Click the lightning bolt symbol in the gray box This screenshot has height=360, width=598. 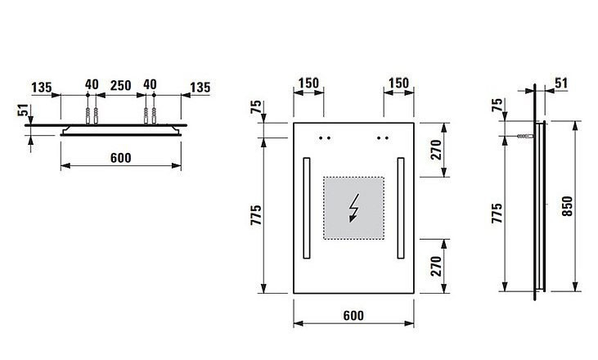[354, 208]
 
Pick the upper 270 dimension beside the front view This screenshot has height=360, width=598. [435, 149]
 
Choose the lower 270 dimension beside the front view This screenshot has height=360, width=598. [435, 265]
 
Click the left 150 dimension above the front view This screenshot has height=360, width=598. [308, 83]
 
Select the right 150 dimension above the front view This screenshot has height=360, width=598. [399, 83]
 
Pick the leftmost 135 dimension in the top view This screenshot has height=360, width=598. [43, 86]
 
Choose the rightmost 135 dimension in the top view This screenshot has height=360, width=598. [200, 86]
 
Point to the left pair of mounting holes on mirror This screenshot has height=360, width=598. [326, 137]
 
